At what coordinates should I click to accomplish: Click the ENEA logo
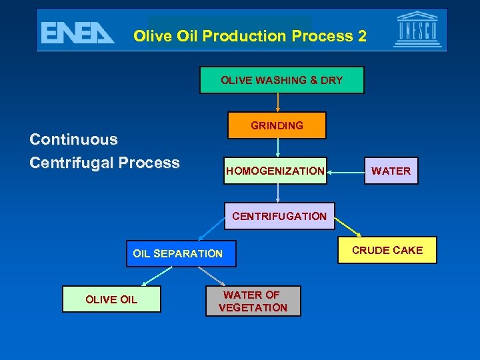(x=77, y=33)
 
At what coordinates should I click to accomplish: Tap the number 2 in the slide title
(x=361, y=36)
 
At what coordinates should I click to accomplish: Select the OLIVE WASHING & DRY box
(x=281, y=80)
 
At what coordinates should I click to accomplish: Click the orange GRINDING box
(x=277, y=125)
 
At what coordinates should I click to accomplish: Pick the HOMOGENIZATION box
(x=275, y=171)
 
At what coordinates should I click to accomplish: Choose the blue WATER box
(x=391, y=171)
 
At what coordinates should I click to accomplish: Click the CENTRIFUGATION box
(x=279, y=216)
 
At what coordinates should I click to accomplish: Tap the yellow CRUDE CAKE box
(x=387, y=250)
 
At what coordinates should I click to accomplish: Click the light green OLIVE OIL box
(x=111, y=299)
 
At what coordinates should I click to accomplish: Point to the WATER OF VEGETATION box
(x=253, y=301)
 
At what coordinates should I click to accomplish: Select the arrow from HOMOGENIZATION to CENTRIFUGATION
(x=278, y=193)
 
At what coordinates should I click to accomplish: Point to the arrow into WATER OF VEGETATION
(x=213, y=276)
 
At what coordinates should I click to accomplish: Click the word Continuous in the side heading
(x=73, y=140)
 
